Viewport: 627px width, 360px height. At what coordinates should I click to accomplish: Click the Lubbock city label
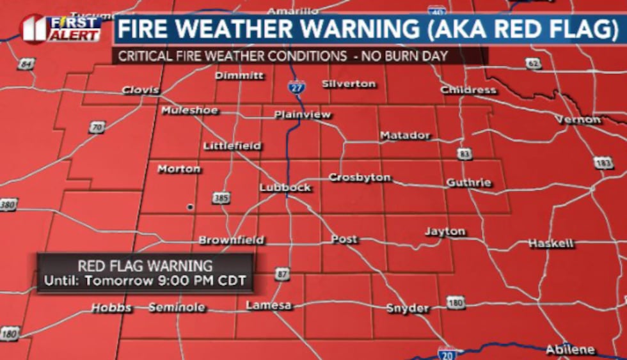tap(285, 187)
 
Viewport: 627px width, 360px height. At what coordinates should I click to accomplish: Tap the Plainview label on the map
tap(303, 115)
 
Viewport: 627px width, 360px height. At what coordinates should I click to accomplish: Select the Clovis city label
tap(141, 90)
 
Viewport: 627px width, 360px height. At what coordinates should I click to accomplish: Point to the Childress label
tap(468, 90)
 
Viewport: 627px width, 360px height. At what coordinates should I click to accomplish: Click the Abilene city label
tap(570, 350)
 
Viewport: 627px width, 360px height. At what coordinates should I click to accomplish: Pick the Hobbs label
tap(111, 308)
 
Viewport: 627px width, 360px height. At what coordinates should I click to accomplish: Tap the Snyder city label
tap(408, 308)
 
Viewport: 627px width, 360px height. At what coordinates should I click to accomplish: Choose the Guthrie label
tap(469, 183)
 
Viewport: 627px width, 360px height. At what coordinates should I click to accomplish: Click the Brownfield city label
tap(232, 240)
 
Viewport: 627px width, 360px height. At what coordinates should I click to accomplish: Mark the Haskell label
tap(551, 244)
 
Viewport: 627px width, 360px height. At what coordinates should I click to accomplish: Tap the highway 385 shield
tap(221, 198)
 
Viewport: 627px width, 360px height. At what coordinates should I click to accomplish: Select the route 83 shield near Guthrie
tap(464, 153)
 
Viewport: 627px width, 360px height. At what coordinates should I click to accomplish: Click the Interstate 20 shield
tap(447, 354)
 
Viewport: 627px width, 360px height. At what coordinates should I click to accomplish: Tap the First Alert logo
tap(61, 29)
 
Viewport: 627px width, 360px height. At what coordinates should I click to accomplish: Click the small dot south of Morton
tap(189, 207)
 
